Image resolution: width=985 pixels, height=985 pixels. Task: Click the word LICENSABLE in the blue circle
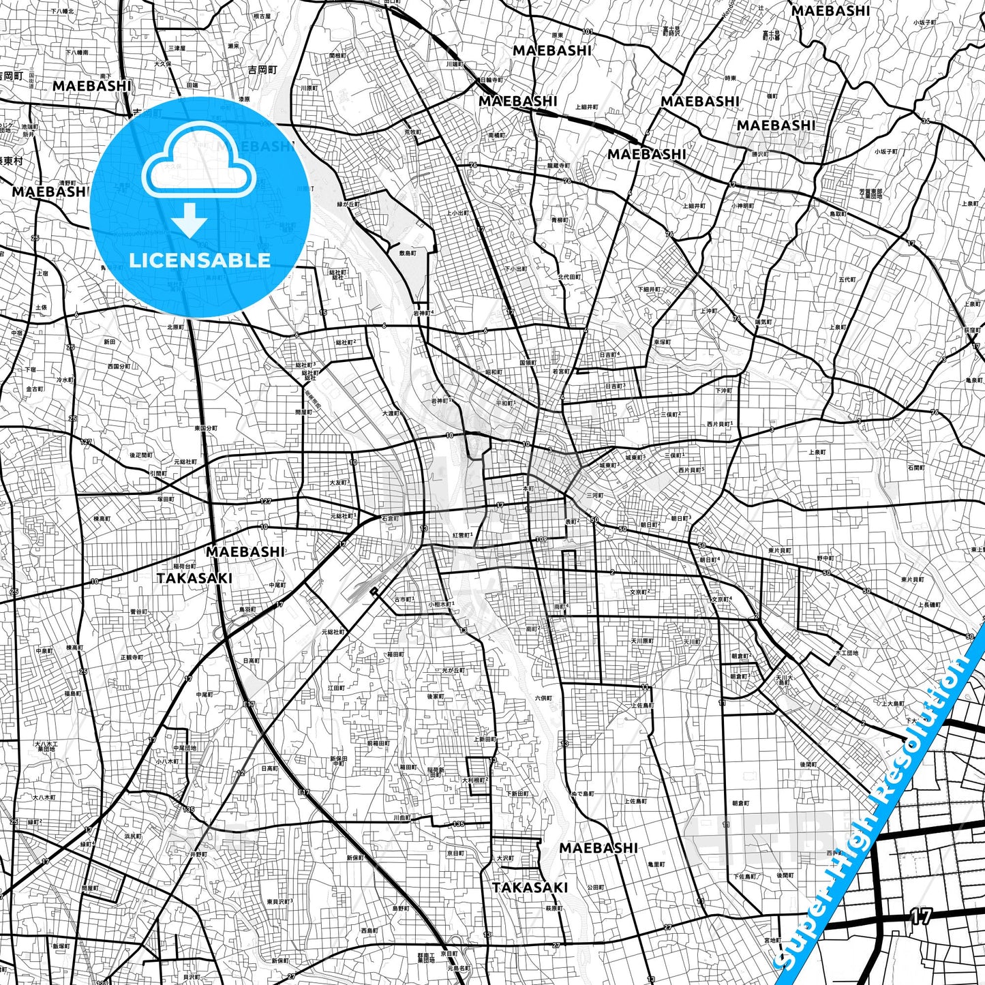pyautogui.click(x=200, y=260)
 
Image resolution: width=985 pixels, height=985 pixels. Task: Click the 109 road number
pyautogui.click(x=542, y=540)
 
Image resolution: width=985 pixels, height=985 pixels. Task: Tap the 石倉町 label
pyautogui.click(x=390, y=519)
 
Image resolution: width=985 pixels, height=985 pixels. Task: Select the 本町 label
pyautogui.click(x=528, y=489)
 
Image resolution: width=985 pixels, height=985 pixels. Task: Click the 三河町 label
pyautogui.click(x=595, y=496)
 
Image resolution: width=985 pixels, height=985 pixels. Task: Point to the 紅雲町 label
pyautogui.click(x=461, y=536)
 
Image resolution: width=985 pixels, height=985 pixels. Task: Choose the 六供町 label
pyautogui.click(x=543, y=698)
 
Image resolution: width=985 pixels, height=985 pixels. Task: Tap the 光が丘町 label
pyautogui.click(x=453, y=671)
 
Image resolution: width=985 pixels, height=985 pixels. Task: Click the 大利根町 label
pyautogui.click(x=474, y=780)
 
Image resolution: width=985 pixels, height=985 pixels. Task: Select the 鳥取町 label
pyautogui.click(x=838, y=214)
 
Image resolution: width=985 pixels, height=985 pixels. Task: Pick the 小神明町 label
pyautogui.click(x=742, y=205)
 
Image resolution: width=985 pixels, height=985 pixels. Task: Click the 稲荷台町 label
pyautogui.click(x=184, y=566)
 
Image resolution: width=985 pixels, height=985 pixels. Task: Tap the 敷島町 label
pyautogui.click(x=408, y=253)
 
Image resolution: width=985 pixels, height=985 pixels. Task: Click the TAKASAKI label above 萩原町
pyautogui.click(x=530, y=888)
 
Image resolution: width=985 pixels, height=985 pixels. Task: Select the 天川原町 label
pyautogui.click(x=641, y=641)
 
